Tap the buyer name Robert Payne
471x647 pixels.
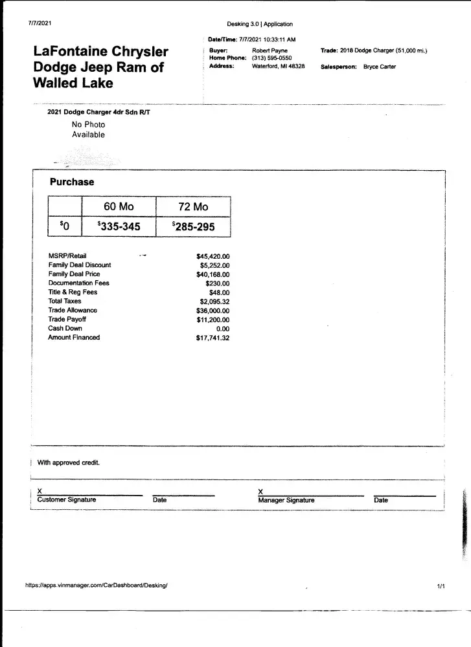(x=270, y=50)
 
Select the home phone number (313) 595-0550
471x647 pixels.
(x=272, y=58)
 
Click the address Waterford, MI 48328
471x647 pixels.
(x=278, y=66)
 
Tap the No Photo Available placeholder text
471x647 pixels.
(x=88, y=129)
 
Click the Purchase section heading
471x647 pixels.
(x=72, y=182)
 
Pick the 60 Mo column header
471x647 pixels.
(x=119, y=207)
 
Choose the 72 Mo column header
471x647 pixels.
(x=193, y=207)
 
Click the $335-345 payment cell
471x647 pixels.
(x=119, y=226)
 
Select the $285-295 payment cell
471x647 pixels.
(x=193, y=226)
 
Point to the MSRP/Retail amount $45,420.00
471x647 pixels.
(x=213, y=256)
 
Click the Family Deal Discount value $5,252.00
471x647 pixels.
(x=214, y=265)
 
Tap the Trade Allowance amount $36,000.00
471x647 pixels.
(x=213, y=311)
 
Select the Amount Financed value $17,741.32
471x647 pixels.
(x=213, y=338)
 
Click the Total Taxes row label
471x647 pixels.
(x=65, y=302)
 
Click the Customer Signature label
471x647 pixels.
(x=67, y=500)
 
